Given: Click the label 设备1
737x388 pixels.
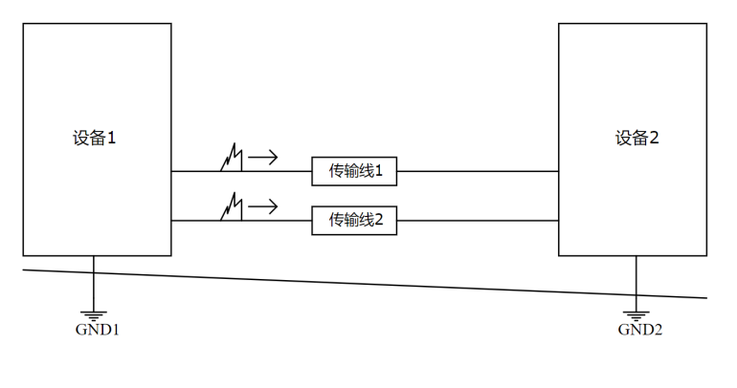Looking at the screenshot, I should click(94, 138).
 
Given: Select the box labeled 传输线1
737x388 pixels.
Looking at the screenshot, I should click(355, 171).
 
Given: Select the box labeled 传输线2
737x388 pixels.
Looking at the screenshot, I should click(355, 221).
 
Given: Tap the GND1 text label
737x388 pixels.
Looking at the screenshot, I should click(97, 330).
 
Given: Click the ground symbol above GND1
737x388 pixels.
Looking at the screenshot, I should click(94, 313).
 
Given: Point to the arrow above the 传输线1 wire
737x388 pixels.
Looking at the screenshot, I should click(264, 155).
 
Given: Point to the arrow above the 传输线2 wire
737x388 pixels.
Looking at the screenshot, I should click(264, 205).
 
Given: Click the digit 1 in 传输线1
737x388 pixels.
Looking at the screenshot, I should click(379, 171).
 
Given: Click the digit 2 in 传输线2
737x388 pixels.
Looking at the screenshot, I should click(379, 221).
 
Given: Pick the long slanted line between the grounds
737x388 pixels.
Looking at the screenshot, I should click(364, 283).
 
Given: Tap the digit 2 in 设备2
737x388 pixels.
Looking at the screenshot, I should click(655, 138).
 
